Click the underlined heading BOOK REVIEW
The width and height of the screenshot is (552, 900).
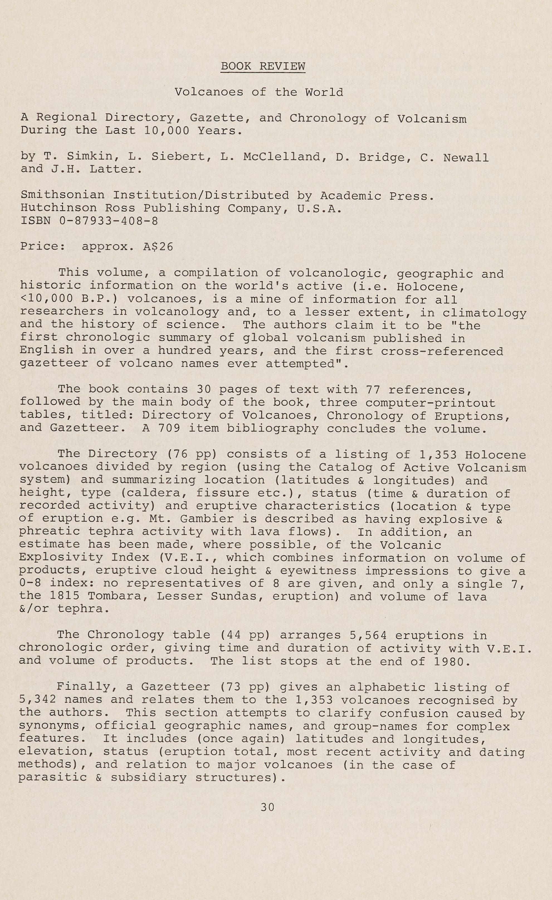pos(263,66)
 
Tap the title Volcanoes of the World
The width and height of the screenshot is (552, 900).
pos(259,92)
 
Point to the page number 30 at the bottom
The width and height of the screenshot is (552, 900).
pos(267,807)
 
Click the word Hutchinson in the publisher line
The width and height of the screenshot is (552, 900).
pos(58,208)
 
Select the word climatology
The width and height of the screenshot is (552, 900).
pos(484,313)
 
